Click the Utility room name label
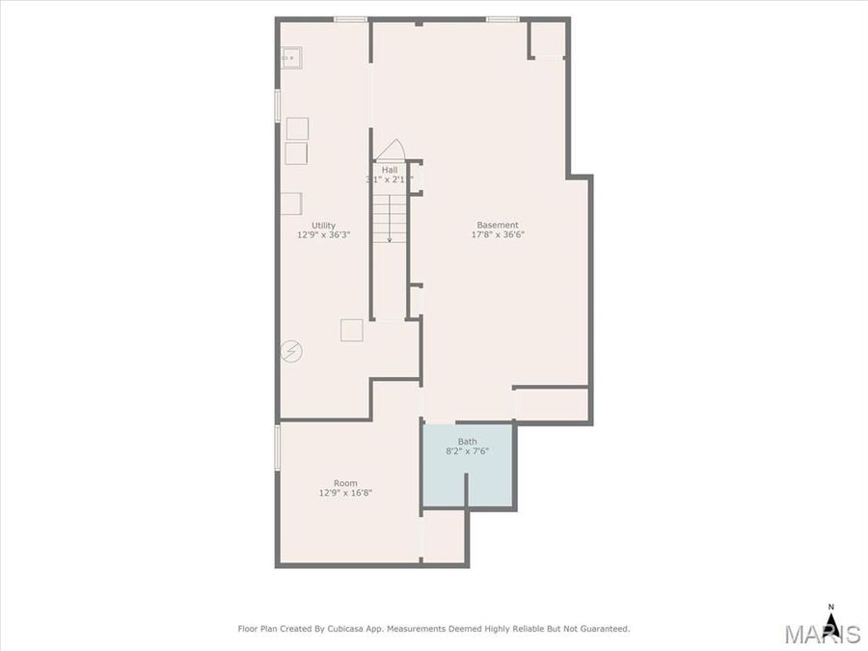[323, 225]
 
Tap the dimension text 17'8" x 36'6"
[498, 234]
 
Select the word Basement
[498, 225]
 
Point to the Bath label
[467, 442]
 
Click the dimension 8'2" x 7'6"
[467, 451]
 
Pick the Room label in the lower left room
[345, 483]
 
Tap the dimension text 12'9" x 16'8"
[345, 493]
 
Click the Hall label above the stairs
[389, 170]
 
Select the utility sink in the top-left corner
[290, 58]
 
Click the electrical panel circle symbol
[290, 352]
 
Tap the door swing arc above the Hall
[390, 150]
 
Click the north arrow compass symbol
[830, 616]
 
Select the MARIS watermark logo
[821, 634]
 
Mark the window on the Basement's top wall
[502, 19]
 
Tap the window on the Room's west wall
[278, 448]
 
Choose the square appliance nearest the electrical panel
[351, 330]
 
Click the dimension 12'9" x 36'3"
[323, 234]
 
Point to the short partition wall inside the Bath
[467, 489]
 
